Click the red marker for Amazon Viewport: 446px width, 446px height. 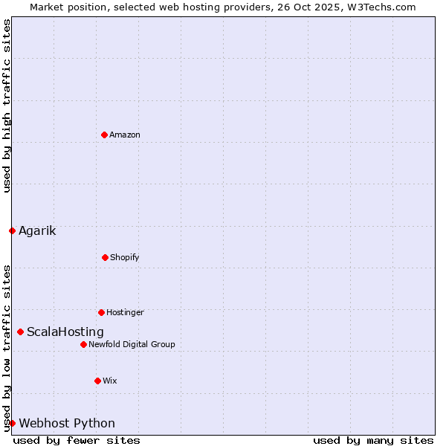(104, 135)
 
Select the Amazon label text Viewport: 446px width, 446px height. (125, 135)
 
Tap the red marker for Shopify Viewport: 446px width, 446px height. (105, 257)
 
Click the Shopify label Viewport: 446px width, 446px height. (125, 258)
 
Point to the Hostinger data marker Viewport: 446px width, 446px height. (101, 312)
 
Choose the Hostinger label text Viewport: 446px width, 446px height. (125, 313)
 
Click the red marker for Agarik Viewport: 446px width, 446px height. (12, 230)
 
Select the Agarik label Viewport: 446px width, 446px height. (37, 231)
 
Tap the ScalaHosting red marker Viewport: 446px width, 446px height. (20, 332)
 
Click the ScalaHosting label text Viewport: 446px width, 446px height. (65, 332)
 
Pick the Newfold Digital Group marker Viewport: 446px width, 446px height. (83, 344)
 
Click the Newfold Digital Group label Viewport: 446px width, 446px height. (132, 345)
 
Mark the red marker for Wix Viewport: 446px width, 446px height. (97, 381)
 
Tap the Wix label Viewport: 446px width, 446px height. (110, 381)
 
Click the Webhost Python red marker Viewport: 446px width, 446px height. (12, 423)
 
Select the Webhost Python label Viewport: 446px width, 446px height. (67, 424)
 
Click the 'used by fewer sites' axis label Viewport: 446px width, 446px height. (77, 440)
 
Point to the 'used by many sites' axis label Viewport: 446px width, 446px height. (373, 440)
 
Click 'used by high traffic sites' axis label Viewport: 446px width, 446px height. (7, 106)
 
